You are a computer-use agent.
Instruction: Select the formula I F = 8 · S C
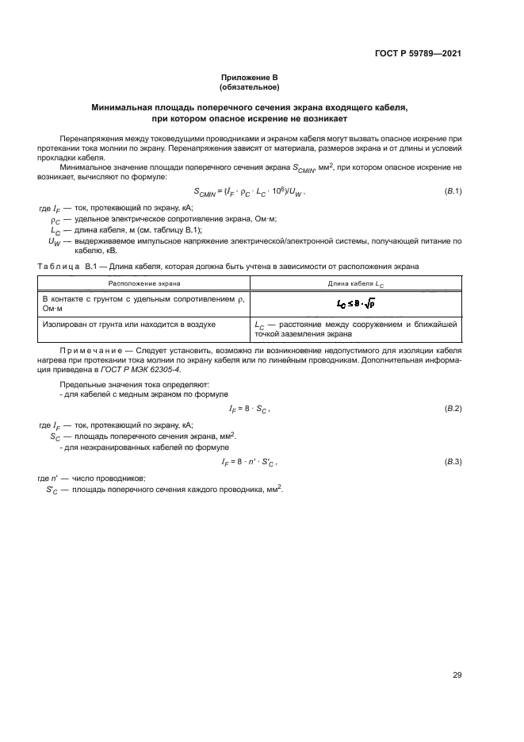[250, 409]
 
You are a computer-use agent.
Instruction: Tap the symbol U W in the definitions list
[54, 241]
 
